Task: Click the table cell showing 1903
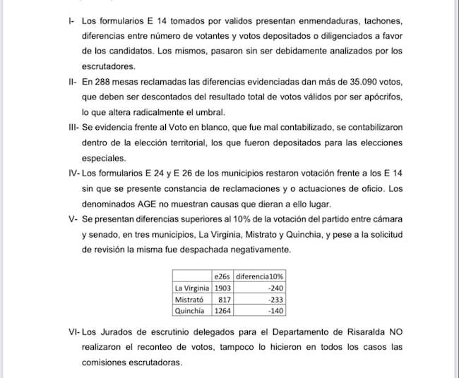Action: pyautogui.click(x=223, y=288)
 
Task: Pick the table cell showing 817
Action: pyautogui.click(x=223, y=299)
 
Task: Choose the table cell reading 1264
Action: pyautogui.click(x=223, y=310)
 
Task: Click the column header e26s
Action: pyautogui.click(x=223, y=276)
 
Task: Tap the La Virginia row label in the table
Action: pyautogui.click(x=191, y=288)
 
